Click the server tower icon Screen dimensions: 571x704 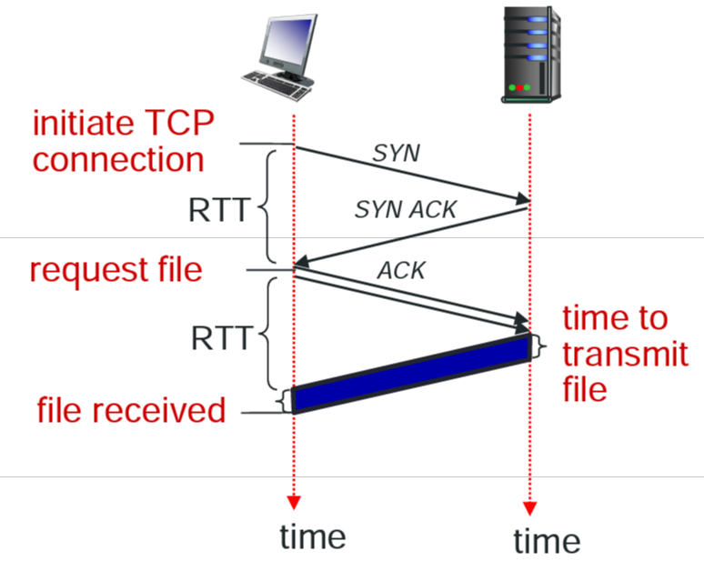click(x=530, y=53)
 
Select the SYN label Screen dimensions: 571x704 click(x=397, y=153)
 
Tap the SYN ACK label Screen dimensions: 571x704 click(x=405, y=211)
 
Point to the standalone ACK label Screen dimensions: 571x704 click(x=401, y=270)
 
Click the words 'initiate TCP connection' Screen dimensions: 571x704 click(x=118, y=141)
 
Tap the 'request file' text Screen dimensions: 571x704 click(x=116, y=270)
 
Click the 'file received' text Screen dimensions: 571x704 click(x=131, y=410)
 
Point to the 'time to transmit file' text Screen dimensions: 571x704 click(x=624, y=354)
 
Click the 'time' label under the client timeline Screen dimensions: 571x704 click(x=313, y=536)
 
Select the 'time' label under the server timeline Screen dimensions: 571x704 click(x=546, y=541)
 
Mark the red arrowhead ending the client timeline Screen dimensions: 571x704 click(x=293, y=502)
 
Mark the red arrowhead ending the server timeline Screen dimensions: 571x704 click(x=529, y=507)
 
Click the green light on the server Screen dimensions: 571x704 click(x=515, y=88)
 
